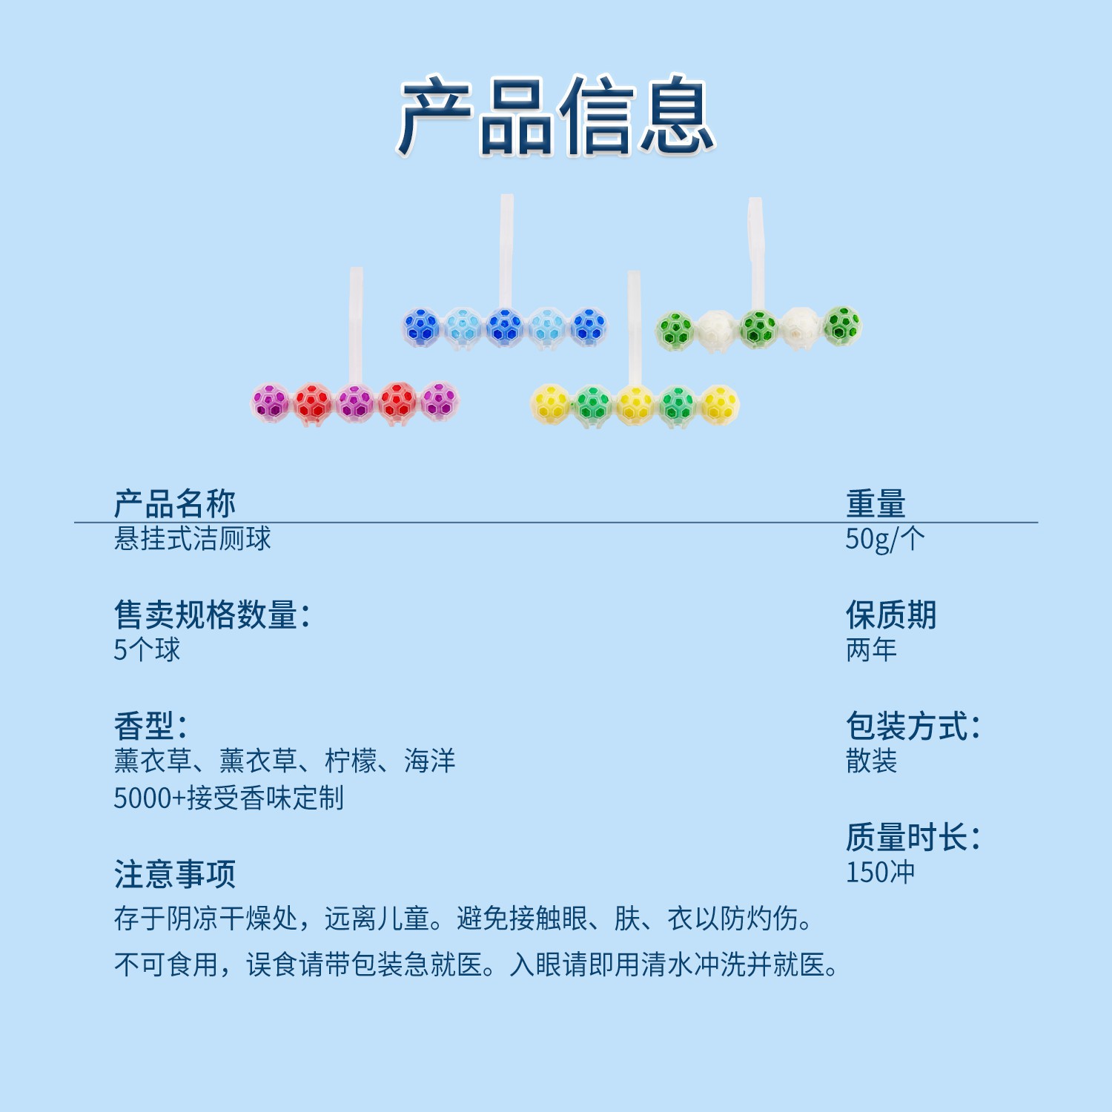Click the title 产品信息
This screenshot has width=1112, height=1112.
[556, 116]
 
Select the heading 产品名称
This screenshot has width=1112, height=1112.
[174, 504]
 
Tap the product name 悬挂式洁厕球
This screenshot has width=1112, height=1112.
[192, 538]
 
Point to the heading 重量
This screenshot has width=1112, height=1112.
[876, 504]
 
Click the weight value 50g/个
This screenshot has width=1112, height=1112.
[884, 539]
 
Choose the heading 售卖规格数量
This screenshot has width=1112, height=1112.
[211, 615]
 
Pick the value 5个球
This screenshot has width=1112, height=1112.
[147, 649]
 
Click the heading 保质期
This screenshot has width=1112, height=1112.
[891, 615]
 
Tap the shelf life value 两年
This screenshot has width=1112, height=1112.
[871, 649]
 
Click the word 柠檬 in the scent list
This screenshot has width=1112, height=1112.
[351, 761]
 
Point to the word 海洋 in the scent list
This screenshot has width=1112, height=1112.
[429, 761]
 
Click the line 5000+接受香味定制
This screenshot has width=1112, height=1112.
[228, 798]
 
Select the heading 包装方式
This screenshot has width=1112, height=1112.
[913, 727]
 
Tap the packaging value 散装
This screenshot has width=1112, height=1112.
[871, 761]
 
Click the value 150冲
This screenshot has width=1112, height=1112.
[880, 873]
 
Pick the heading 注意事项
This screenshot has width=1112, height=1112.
[174, 875]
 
